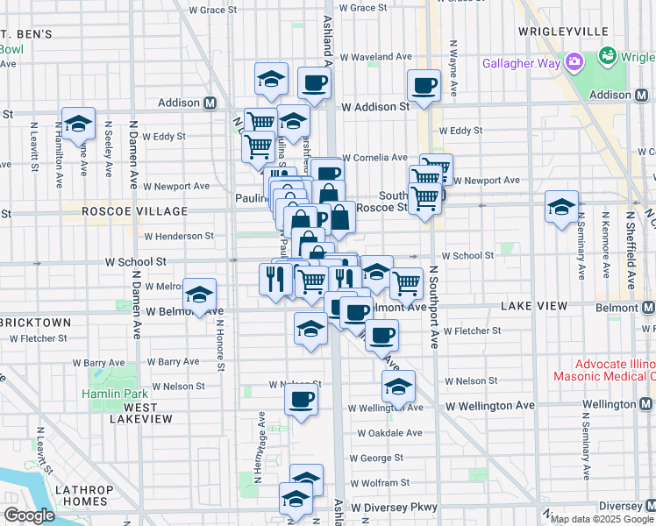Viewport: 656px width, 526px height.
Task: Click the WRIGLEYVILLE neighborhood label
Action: (575, 31)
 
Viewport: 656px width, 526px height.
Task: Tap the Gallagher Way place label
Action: (524, 62)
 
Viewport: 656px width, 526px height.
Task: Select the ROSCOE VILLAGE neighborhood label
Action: (134, 211)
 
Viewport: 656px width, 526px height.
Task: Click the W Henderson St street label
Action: (179, 236)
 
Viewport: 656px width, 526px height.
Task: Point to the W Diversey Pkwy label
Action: (394, 507)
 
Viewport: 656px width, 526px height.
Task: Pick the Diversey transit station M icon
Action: (648, 506)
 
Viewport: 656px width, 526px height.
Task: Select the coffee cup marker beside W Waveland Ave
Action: (314, 84)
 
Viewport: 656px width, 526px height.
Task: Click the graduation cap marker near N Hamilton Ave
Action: (78, 124)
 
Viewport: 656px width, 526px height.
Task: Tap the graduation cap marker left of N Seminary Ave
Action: (561, 208)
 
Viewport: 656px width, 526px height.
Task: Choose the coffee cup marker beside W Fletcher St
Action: (381, 334)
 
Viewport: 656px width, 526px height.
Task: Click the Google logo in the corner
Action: (29, 515)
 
